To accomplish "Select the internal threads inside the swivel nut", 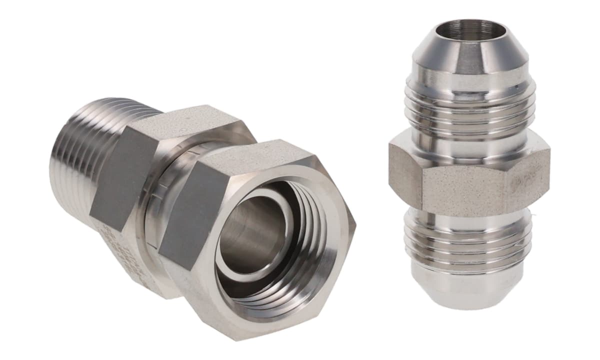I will coord(300,250).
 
